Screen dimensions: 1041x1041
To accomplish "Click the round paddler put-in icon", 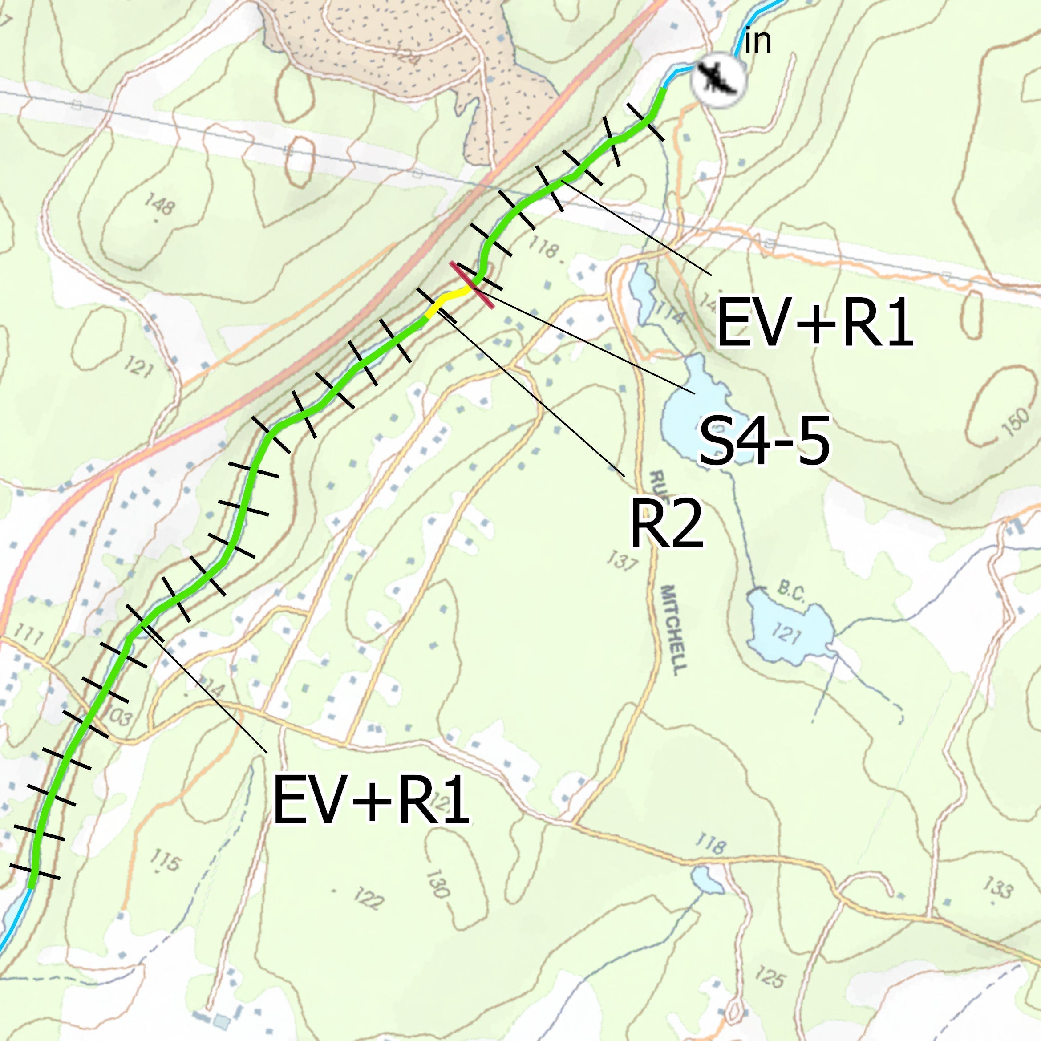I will [718, 79].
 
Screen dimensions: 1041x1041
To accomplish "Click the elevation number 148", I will [159, 205].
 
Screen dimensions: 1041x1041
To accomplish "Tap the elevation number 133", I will [997, 887].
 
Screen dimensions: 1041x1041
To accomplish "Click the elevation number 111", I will [28, 636].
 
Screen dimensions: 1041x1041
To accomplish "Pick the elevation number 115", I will [164, 860].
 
